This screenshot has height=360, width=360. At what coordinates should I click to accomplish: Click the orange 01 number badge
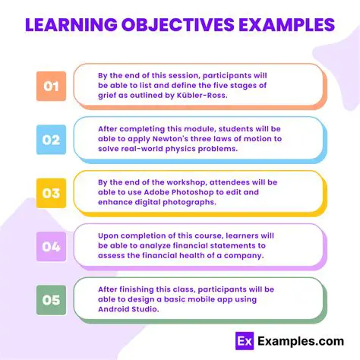(51, 87)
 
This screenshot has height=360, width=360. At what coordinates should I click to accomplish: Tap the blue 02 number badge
(51, 140)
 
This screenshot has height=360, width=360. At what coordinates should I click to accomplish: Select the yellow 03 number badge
(51, 193)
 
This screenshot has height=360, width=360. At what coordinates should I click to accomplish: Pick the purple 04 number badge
(51, 246)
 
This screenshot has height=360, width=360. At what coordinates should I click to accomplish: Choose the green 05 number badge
(51, 300)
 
